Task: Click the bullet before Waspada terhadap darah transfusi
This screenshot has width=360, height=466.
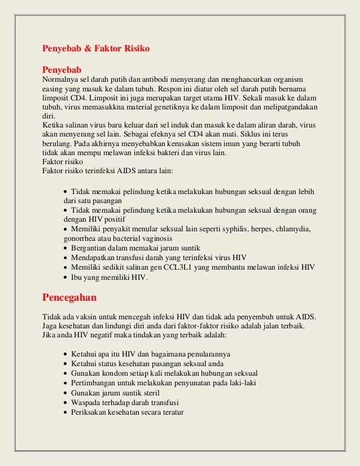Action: pyautogui.click(x=65, y=402)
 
